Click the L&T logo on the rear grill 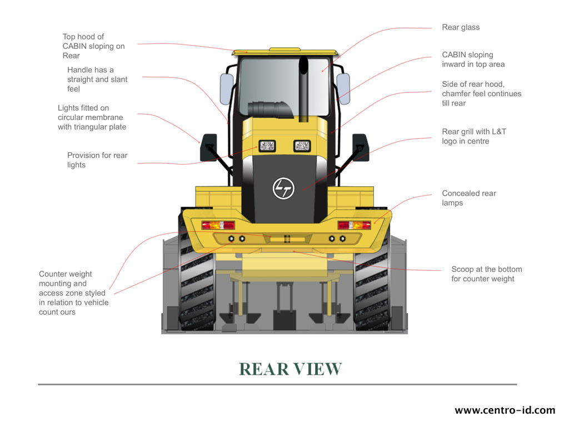[283, 188]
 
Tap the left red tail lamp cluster [218, 225]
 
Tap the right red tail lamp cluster [354, 225]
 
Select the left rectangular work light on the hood [267, 146]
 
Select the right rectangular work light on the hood [302, 146]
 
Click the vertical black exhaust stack [303, 89]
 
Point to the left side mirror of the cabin [227, 89]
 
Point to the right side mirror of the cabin [343, 89]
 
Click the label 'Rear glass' [461, 27]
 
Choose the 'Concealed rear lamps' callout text [469, 198]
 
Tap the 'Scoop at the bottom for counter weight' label [487, 274]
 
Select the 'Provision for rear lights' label [97, 160]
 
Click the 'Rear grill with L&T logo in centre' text [474, 136]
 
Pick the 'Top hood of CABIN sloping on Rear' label [93, 46]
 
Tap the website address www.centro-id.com [505, 410]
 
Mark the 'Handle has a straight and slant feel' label [97, 79]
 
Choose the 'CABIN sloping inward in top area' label [473, 59]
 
